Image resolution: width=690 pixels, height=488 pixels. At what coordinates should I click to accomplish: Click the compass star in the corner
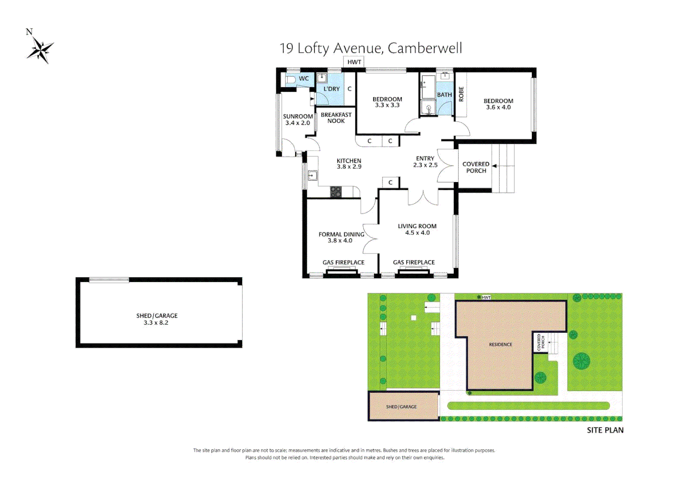pyautogui.click(x=41, y=49)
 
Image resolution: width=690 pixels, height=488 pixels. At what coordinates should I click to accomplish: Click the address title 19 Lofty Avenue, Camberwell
pyautogui.click(x=370, y=48)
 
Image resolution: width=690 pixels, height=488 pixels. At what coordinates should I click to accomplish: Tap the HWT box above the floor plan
pyautogui.click(x=354, y=62)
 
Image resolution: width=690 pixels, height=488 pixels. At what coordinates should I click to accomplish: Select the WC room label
pyautogui.click(x=304, y=79)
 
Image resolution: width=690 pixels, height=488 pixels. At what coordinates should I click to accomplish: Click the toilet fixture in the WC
pyautogui.click(x=290, y=80)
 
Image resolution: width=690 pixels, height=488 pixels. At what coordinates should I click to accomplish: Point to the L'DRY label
pyautogui.click(x=331, y=89)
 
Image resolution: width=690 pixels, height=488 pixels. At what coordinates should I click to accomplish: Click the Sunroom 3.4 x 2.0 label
pyautogui.click(x=298, y=120)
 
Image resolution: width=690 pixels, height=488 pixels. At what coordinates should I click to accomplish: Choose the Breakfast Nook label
pyautogui.click(x=336, y=118)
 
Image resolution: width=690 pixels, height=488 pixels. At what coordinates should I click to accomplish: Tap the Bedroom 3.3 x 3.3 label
pyautogui.click(x=387, y=102)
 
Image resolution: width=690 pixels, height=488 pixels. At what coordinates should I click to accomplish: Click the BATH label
pyautogui.click(x=444, y=95)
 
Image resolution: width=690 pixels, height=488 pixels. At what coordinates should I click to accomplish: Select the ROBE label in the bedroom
pyautogui.click(x=461, y=94)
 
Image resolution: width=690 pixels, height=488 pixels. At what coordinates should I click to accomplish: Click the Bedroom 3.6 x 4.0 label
pyautogui.click(x=498, y=104)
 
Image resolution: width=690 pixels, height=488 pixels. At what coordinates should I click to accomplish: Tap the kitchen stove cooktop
pyautogui.click(x=336, y=192)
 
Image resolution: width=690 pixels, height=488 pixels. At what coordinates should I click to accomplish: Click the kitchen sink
pyautogui.click(x=312, y=175)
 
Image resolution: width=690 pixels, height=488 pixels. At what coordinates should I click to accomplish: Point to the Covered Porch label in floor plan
pyautogui.click(x=476, y=168)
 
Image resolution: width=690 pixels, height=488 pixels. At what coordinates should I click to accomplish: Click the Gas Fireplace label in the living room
pyautogui.click(x=414, y=263)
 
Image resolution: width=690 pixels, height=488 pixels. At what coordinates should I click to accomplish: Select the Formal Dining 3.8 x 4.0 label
pyautogui.click(x=341, y=238)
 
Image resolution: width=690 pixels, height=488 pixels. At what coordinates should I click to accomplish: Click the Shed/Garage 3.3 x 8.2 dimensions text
pyautogui.click(x=156, y=323)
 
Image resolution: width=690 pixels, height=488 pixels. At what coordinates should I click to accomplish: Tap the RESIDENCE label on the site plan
pyautogui.click(x=500, y=345)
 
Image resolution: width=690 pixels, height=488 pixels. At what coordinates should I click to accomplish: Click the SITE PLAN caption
pyautogui.click(x=605, y=431)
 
